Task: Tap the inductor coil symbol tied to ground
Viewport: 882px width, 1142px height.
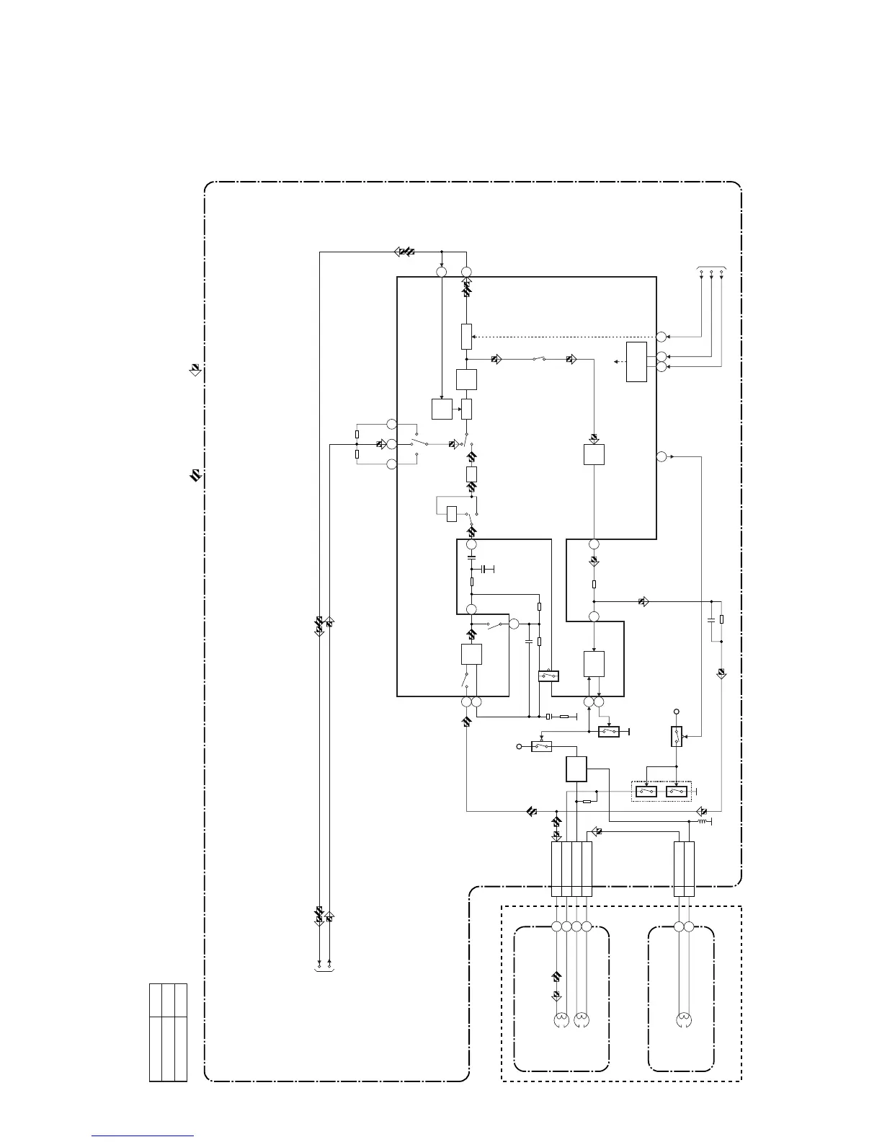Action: tap(704, 820)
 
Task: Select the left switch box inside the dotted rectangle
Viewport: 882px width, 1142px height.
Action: tap(646, 792)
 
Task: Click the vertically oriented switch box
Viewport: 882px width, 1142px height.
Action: tap(677, 737)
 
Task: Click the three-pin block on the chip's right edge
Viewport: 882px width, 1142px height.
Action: tap(637, 362)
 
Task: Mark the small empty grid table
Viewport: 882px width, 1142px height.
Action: tap(168, 1032)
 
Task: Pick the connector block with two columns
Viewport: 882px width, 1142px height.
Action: tap(684, 869)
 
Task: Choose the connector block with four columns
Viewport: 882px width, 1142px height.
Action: tap(571, 869)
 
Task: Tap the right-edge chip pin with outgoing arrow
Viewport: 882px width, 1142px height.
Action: tap(661, 456)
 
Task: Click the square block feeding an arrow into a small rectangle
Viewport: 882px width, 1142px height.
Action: tap(442, 409)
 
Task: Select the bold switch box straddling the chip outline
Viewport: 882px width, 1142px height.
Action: tap(549, 676)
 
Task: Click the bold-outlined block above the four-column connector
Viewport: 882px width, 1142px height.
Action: tap(576, 769)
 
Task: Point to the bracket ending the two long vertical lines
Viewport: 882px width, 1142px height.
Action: tap(324, 969)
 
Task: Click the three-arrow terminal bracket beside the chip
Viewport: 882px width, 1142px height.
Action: tap(711, 270)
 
